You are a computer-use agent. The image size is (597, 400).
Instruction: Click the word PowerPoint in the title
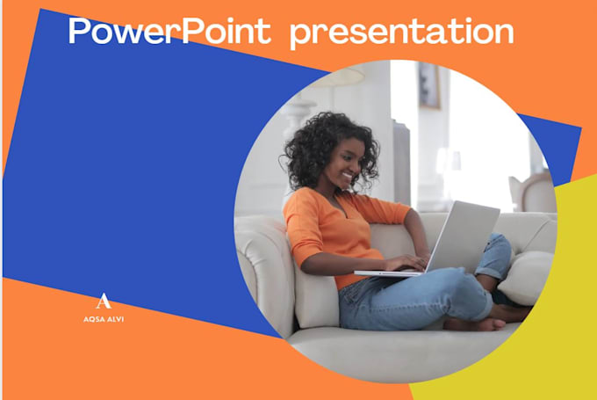(169, 31)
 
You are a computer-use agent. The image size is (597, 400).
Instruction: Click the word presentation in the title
(402, 33)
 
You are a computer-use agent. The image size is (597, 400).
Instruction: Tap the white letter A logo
(104, 301)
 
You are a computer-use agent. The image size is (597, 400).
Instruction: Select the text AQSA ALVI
(104, 319)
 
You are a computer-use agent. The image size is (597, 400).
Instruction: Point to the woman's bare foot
(476, 324)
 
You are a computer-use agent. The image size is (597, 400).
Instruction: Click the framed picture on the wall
(429, 86)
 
